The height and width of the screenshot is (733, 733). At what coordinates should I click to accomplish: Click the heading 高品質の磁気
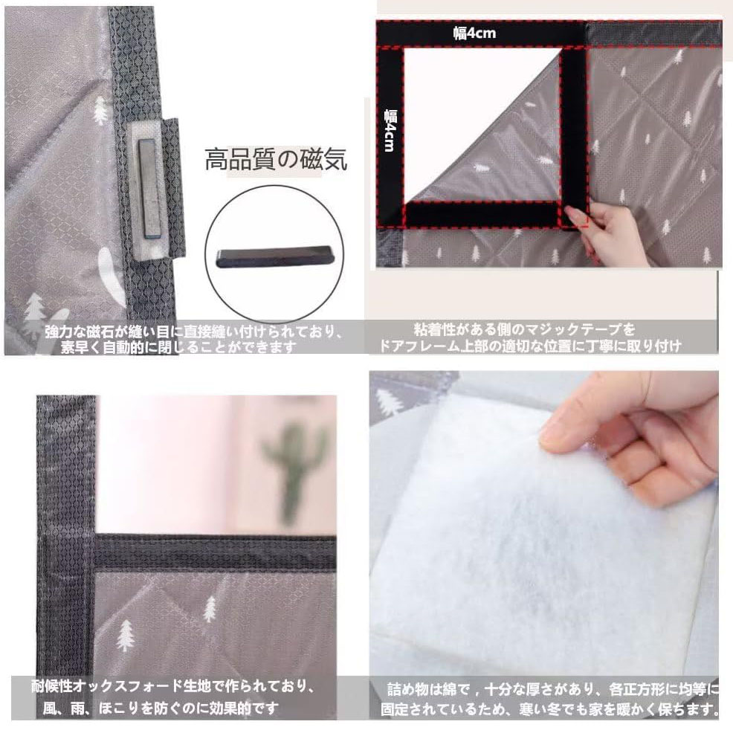[x=276, y=159]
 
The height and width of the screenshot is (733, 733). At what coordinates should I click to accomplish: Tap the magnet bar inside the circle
[x=274, y=256]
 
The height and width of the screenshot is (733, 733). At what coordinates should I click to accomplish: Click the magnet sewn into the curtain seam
[x=149, y=188]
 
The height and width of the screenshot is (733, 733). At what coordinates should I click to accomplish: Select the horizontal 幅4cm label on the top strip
[x=474, y=33]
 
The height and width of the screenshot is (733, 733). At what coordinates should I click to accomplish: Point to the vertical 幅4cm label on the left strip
[x=390, y=130]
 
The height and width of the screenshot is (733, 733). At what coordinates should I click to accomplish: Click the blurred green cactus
[x=295, y=468]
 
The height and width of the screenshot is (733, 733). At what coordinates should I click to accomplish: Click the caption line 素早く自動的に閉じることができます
[x=178, y=347]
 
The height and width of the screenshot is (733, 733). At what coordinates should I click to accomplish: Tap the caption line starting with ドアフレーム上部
[x=529, y=346]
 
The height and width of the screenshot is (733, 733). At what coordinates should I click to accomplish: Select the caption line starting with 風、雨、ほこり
[x=161, y=708]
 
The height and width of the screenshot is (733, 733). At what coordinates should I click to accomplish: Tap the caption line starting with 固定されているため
[x=549, y=709]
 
